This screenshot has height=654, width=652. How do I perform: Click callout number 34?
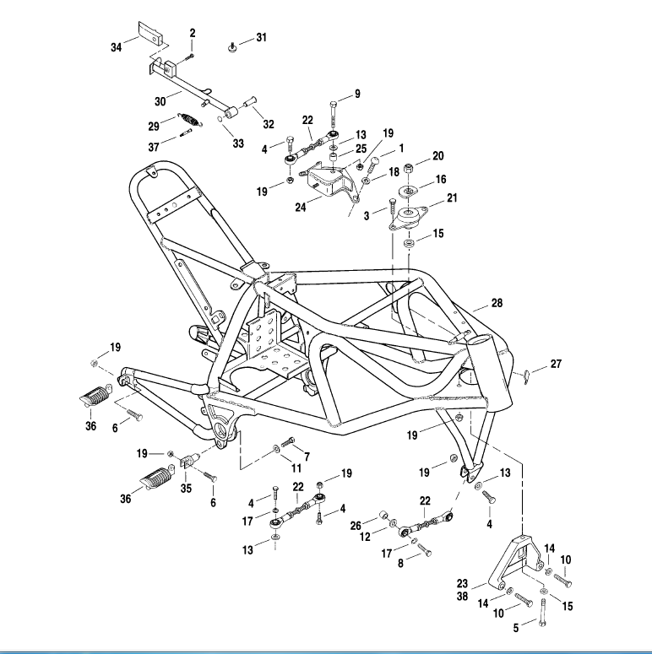tap(116, 48)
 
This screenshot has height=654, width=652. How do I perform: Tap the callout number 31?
tap(261, 38)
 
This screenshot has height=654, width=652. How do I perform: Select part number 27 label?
tap(556, 365)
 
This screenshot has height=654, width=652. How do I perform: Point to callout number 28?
tap(497, 303)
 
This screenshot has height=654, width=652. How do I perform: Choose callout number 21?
tap(453, 198)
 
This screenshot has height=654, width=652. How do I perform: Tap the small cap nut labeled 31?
tap(232, 46)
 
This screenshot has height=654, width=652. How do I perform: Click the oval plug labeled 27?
tap(525, 371)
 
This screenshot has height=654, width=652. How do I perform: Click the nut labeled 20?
tap(409, 166)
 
